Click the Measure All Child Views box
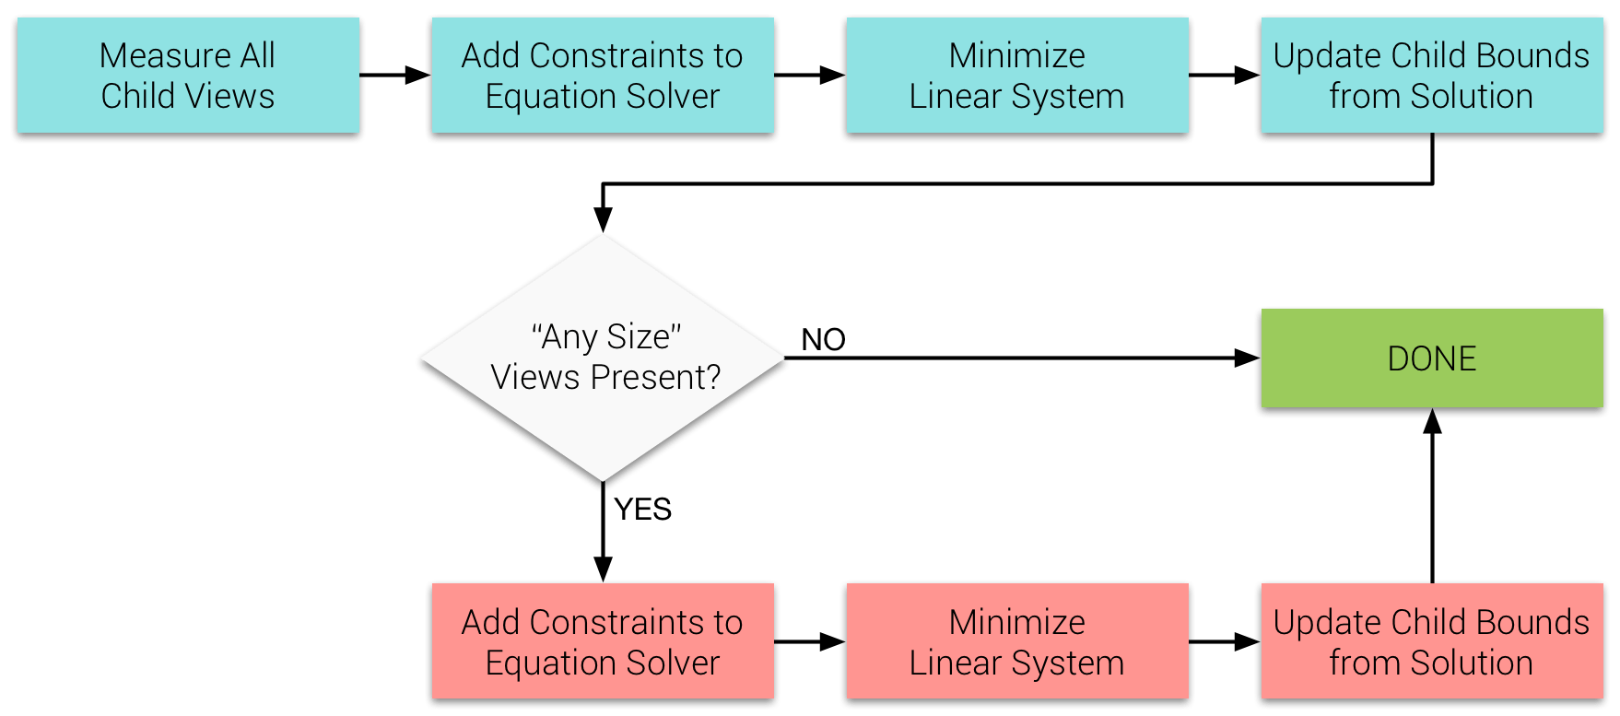click(188, 76)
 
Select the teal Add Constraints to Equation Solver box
click(603, 76)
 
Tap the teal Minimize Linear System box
click(1017, 76)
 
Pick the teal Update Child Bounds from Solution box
click(1431, 76)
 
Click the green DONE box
click(1431, 358)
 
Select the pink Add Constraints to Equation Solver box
click(603, 641)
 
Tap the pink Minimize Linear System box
click(1017, 641)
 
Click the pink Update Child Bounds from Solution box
click(1431, 641)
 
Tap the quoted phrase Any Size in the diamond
click(606, 337)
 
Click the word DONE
click(1431, 358)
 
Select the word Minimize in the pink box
click(1017, 623)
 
